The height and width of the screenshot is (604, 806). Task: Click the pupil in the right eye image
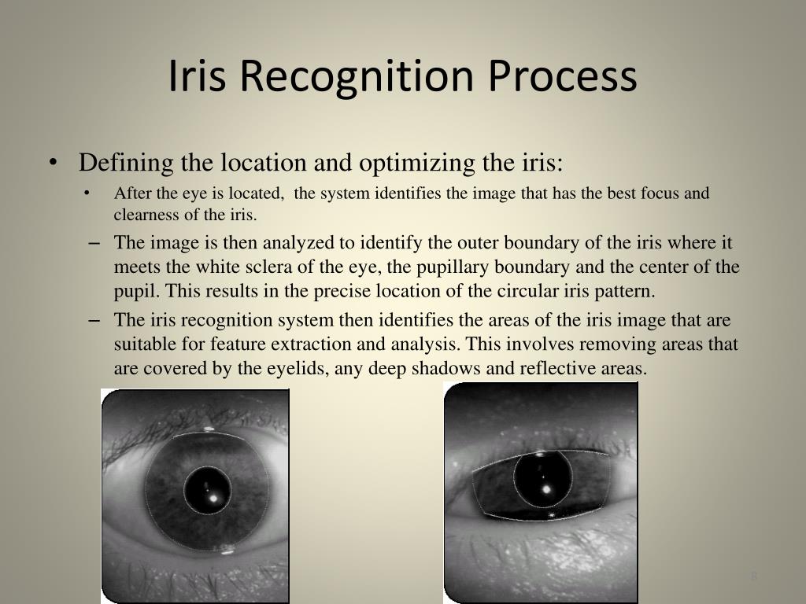[543, 479]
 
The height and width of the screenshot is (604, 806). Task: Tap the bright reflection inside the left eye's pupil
[212, 497]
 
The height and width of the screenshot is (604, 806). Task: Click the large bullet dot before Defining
[53, 164]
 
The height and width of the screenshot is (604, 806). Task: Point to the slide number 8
[753, 577]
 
